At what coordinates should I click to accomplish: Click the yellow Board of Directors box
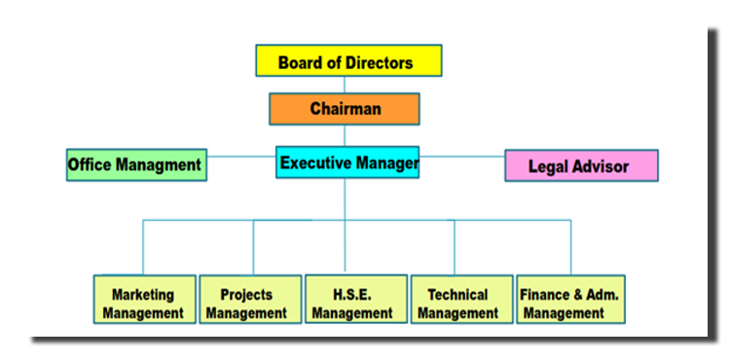click(x=348, y=60)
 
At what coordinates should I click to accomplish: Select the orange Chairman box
click(x=345, y=109)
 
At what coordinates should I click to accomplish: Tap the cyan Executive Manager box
click(x=348, y=162)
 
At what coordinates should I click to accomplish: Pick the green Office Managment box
click(x=134, y=164)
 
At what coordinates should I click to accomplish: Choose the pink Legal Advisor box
click(x=580, y=165)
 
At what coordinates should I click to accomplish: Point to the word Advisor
click(x=601, y=166)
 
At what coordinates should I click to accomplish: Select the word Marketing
click(x=142, y=294)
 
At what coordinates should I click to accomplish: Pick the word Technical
click(x=456, y=294)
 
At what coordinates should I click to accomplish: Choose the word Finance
click(x=547, y=294)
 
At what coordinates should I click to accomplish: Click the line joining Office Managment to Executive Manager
click(x=241, y=156)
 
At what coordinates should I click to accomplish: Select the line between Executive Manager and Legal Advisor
click(x=462, y=156)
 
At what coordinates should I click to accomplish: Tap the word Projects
click(x=246, y=294)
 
